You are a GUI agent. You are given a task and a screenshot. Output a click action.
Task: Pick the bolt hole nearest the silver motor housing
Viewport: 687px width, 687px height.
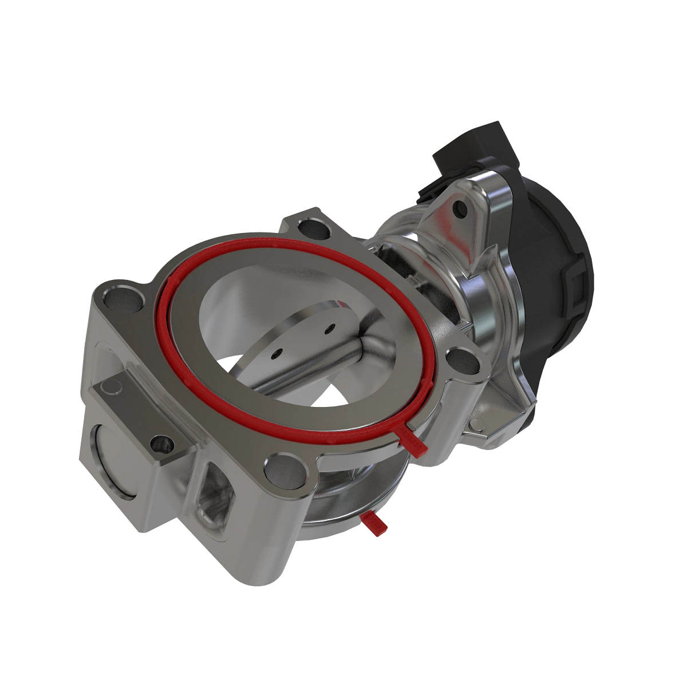click(x=463, y=361)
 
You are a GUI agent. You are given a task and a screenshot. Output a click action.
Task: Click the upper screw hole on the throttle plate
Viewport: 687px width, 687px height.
click(x=329, y=329)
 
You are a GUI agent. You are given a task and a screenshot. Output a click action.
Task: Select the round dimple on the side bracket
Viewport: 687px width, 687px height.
click(x=112, y=388)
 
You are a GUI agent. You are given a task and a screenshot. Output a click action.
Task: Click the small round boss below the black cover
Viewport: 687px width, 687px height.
click(x=476, y=425)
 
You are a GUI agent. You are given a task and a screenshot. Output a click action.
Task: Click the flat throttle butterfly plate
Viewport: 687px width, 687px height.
click(x=298, y=338)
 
